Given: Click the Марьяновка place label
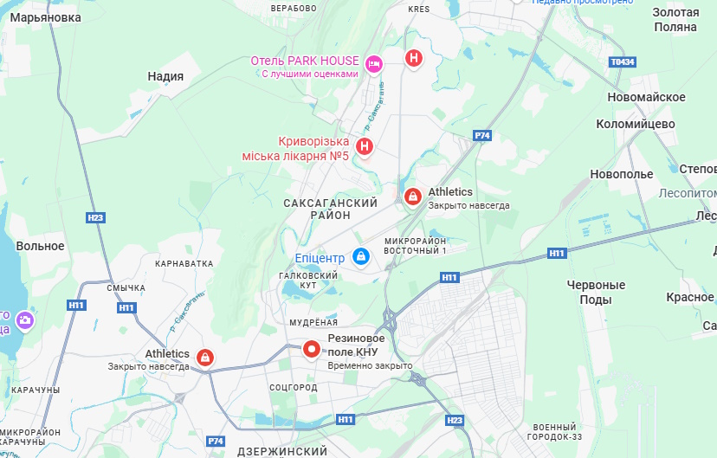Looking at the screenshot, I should point(47,17).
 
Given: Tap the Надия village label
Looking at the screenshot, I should point(165,76).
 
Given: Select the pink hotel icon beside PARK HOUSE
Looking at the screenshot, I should point(374,62).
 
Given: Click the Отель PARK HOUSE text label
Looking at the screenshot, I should point(304,61).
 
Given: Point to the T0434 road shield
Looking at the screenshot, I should point(622,62).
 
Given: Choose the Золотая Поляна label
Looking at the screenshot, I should point(675,19).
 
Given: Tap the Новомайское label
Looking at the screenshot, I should point(646,97).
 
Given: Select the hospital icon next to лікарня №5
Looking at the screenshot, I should point(365,146).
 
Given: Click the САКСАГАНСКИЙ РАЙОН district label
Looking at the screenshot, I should point(330,209).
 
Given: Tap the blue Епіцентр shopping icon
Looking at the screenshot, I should point(362,256).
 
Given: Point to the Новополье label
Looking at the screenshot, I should point(621,174).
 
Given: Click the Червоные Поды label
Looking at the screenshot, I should point(596,292).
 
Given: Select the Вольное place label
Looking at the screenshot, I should point(40,246).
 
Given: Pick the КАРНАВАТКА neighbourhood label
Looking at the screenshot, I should point(184,262).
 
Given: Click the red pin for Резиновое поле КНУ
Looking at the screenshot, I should point(312,348).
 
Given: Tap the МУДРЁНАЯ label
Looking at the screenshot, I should point(313,322).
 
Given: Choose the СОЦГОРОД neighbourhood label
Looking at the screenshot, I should point(294,386).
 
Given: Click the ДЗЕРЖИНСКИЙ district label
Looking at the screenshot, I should point(282,451).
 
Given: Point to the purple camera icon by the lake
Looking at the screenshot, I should point(25,320).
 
